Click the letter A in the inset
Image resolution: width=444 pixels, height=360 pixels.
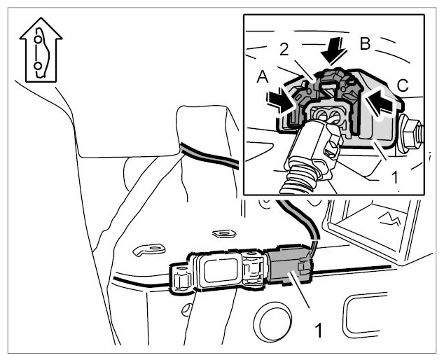pos(263,77)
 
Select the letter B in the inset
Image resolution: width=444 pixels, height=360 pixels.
pos(366,44)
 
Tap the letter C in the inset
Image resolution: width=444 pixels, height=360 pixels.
pos(403,85)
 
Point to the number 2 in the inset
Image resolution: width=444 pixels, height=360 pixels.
pos(284,50)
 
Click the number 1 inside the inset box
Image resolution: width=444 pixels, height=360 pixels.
pos(394,176)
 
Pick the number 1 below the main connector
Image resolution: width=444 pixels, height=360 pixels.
pos(319,331)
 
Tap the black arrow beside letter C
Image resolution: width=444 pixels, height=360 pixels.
pos(380,102)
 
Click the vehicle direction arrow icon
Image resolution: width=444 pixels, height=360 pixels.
pos(41,50)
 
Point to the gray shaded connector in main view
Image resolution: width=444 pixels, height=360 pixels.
pos(289,265)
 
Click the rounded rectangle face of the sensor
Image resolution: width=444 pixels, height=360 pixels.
pos(221,271)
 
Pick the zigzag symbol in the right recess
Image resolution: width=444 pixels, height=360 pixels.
pos(390,219)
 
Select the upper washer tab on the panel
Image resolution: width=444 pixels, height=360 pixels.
pos(224,233)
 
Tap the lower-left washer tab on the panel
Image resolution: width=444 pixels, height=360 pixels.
pos(149,249)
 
